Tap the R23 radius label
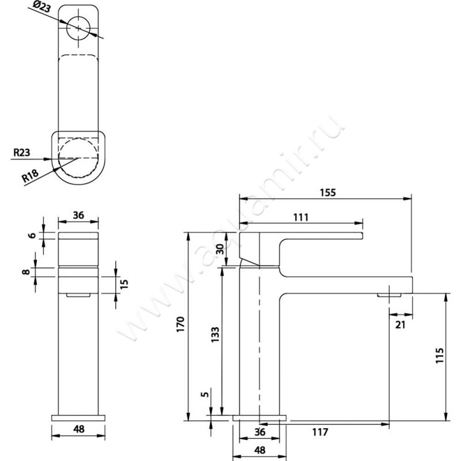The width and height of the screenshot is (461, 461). point(22,153)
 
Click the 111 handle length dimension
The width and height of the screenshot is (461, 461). point(301,217)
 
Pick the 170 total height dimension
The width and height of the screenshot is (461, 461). point(180,326)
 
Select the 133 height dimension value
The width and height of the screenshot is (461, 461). point(214,335)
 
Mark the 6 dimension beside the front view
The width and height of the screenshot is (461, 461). point(33,235)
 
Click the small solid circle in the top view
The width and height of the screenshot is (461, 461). point(78,28)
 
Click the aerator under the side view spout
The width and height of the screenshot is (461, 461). point(391,296)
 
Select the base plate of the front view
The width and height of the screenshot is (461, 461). point(79,416)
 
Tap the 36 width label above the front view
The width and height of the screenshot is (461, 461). point(79,215)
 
